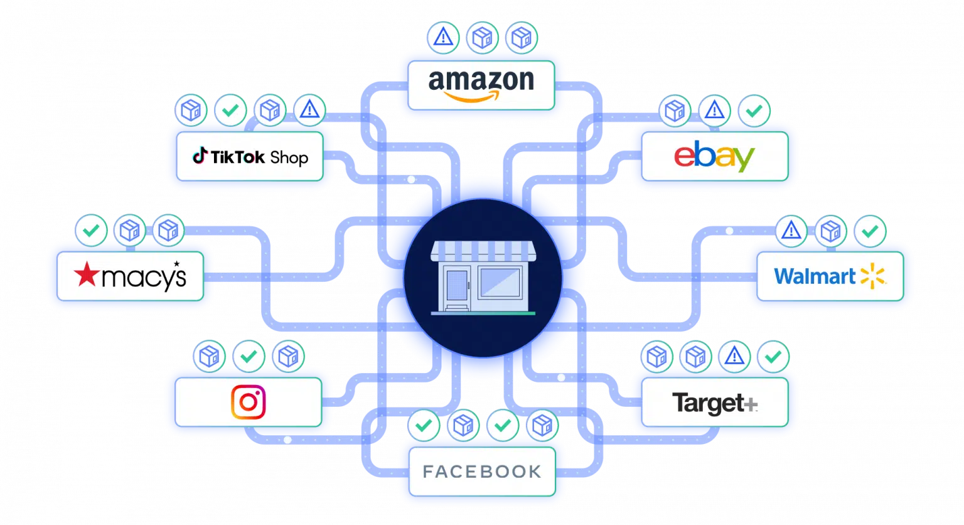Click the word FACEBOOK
click(481, 472)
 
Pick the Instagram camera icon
click(249, 402)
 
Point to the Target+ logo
click(714, 403)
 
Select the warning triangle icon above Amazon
click(443, 38)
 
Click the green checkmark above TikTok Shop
click(230, 111)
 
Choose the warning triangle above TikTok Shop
click(309, 111)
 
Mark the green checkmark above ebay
click(754, 111)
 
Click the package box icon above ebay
click(675, 111)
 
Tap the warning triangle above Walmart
click(791, 231)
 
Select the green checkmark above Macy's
click(91, 230)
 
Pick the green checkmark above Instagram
click(249, 357)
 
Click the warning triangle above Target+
click(732, 357)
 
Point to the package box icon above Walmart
click(831, 231)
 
